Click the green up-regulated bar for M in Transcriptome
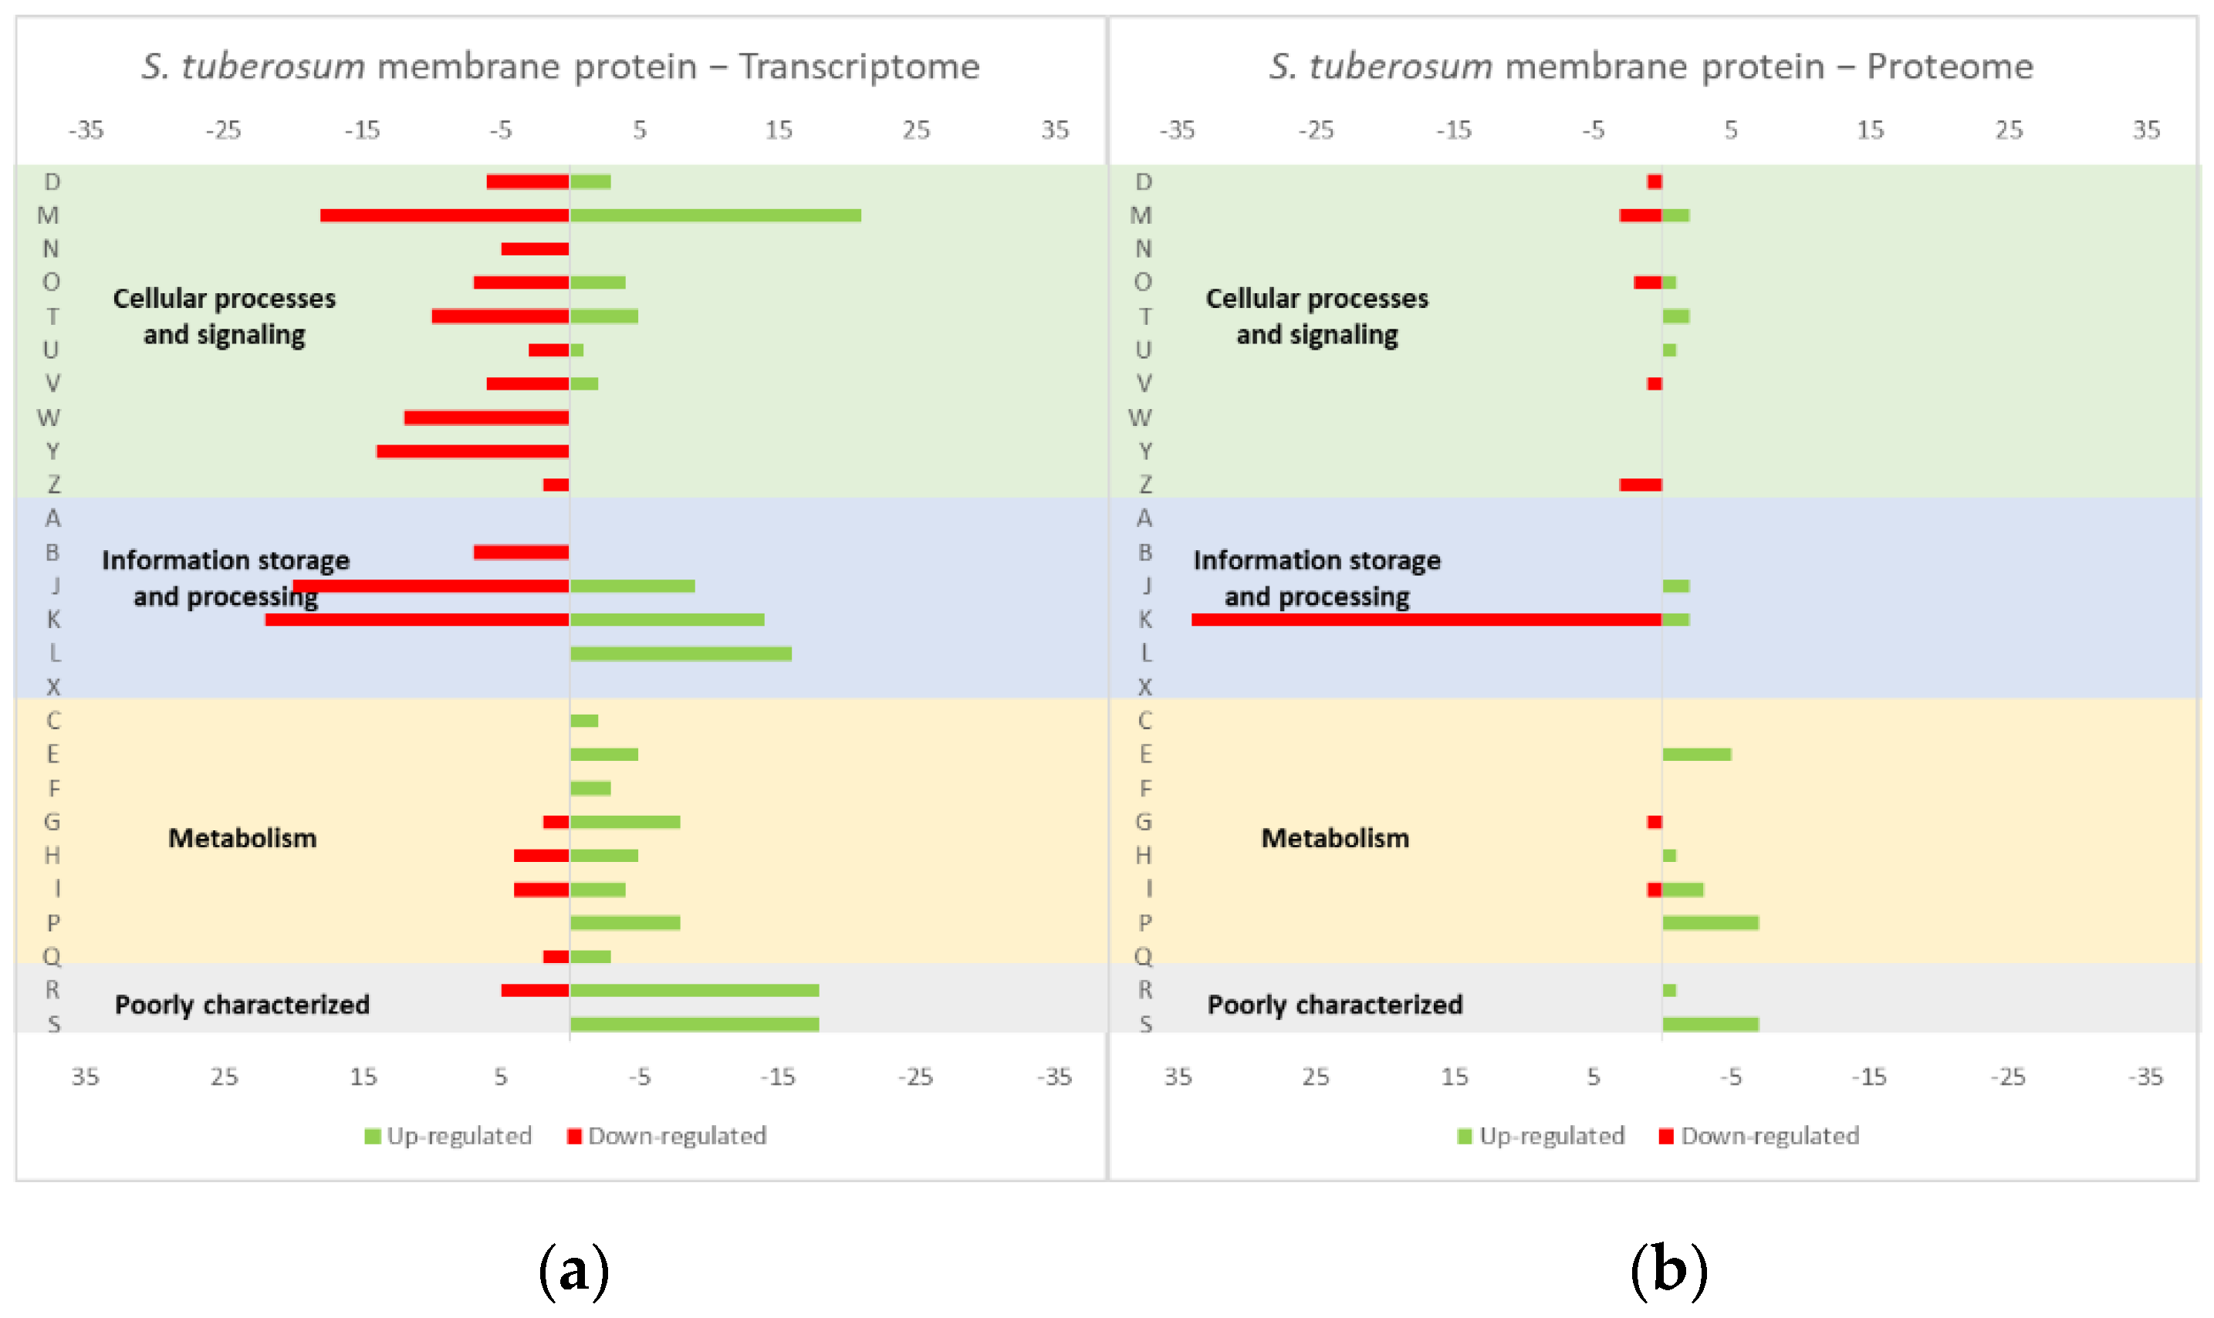(x=715, y=215)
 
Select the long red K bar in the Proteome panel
(x=1425, y=619)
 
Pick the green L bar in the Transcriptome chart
(x=681, y=654)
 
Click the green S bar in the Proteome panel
(x=1709, y=1024)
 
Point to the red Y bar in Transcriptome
(x=472, y=451)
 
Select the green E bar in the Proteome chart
(x=1696, y=754)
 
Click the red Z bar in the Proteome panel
(x=1641, y=485)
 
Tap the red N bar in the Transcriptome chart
(x=535, y=248)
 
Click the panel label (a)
(x=573, y=1270)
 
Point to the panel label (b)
(x=1668, y=1270)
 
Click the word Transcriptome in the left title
(x=859, y=66)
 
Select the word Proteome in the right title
(x=1949, y=66)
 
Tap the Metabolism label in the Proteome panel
(x=1335, y=837)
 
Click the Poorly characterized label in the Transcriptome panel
(x=242, y=1005)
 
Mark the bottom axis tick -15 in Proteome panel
(x=1868, y=1076)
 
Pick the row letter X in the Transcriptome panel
(x=53, y=687)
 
